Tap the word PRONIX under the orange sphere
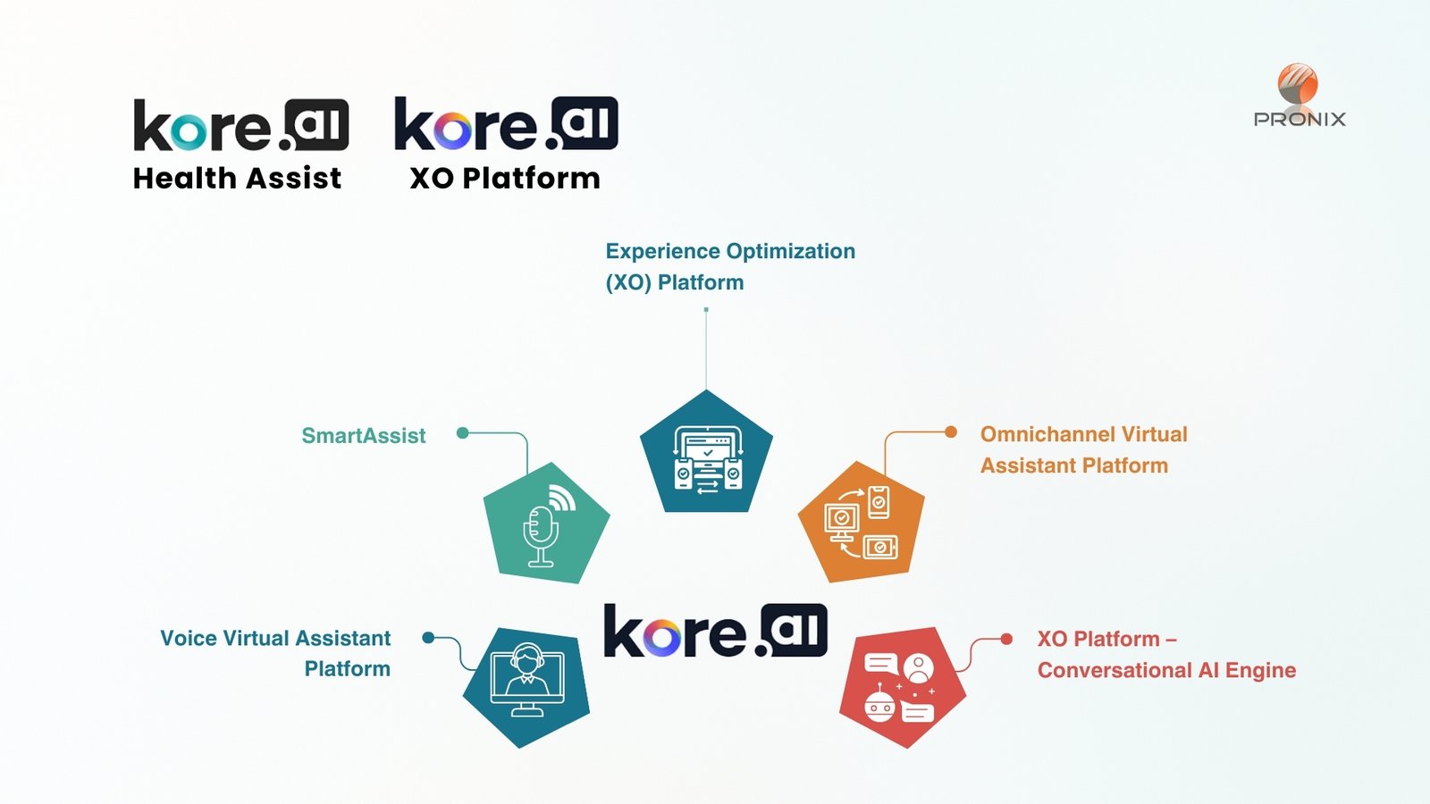(x=1300, y=120)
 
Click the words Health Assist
(x=237, y=179)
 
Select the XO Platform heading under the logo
(x=505, y=179)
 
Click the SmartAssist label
(x=363, y=436)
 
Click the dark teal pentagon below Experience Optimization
(x=706, y=456)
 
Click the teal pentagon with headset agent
(x=526, y=686)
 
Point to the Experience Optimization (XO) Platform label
(x=729, y=266)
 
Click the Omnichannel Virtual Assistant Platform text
(x=1083, y=449)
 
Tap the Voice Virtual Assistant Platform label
(x=275, y=653)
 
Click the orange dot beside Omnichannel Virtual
(x=951, y=432)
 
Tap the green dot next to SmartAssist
(x=462, y=433)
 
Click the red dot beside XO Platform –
(x=1006, y=639)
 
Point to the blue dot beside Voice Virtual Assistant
(x=428, y=638)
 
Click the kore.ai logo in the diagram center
(x=715, y=631)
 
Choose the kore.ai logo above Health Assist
(x=240, y=126)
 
